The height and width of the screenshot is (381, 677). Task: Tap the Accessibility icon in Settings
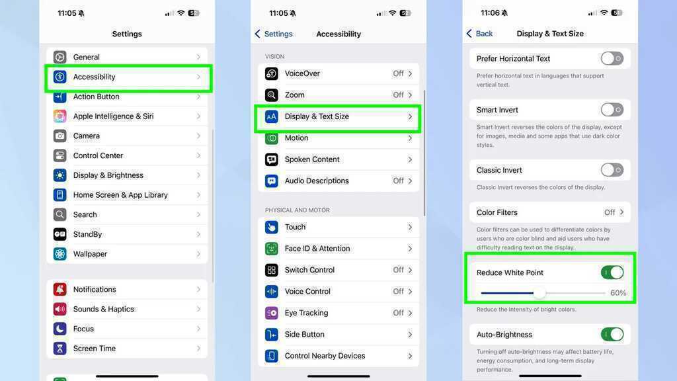click(x=60, y=77)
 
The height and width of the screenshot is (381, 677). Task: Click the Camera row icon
click(x=60, y=136)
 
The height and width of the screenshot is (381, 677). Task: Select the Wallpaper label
click(x=90, y=254)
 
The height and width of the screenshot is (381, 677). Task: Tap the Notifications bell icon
click(x=60, y=290)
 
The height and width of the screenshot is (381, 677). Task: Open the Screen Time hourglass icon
click(x=60, y=348)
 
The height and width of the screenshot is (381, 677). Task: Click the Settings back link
click(x=274, y=34)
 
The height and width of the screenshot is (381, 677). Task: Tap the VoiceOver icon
click(x=272, y=73)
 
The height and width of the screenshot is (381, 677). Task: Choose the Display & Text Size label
click(x=317, y=116)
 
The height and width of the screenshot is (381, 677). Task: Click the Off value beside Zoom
click(x=398, y=95)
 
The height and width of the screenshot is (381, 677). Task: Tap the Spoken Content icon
click(x=272, y=159)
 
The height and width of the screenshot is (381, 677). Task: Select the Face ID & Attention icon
click(x=272, y=249)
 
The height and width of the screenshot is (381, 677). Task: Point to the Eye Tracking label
click(x=306, y=313)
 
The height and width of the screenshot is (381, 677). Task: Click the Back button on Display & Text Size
click(x=480, y=34)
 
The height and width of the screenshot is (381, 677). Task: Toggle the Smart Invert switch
click(x=612, y=110)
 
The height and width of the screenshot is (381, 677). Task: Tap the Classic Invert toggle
click(x=612, y=170)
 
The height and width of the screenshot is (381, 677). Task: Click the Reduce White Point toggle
click(x=612, y=273)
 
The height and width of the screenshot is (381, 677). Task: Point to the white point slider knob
click(x=539, y=293)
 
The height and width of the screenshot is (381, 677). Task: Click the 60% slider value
click(x=618, y=293)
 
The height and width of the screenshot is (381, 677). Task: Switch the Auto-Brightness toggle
click(x=612, y=334)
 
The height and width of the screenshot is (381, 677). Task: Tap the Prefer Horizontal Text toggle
click(x=612, y=58)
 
